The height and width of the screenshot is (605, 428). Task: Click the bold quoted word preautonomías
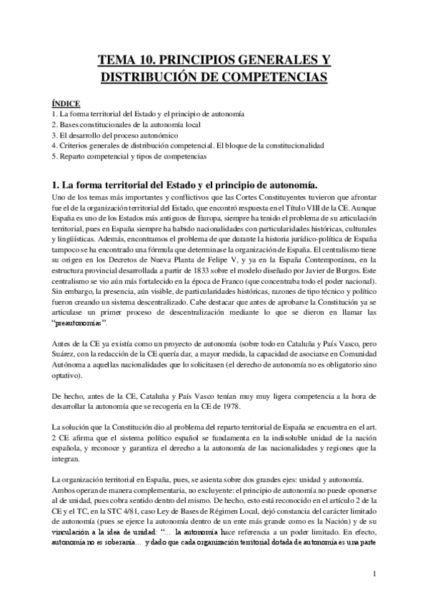(79, 322)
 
